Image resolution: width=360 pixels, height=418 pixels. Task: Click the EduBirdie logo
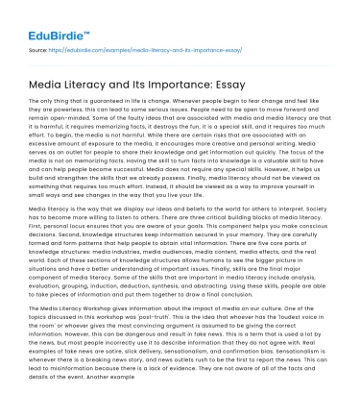pyautogui.click(x=45, y=20)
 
